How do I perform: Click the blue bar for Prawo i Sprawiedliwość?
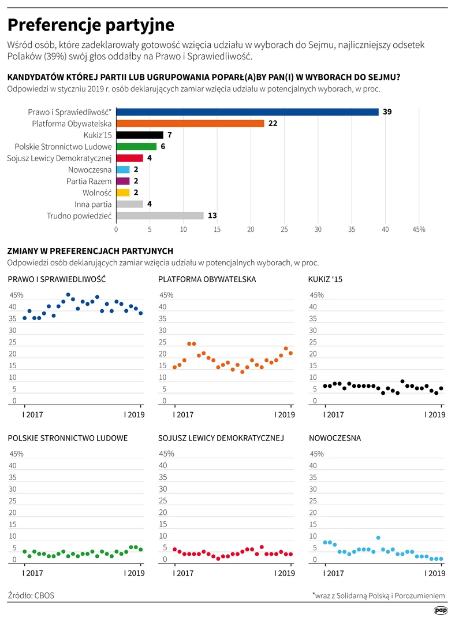(247, 112)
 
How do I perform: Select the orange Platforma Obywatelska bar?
(190, 124)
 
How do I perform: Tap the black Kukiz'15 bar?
(140, 135)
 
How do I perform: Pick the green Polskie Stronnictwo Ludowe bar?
(136, 146)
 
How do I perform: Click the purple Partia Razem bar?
(123, 181)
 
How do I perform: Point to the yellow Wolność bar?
(123, 192)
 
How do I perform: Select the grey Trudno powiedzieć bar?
(160, 216)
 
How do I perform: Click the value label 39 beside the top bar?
(387, 112)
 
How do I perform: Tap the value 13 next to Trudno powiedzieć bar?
(212, 216)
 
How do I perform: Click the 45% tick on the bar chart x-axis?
(419, 229)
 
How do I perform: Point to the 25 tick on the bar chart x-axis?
(284, 229)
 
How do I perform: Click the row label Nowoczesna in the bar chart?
(90, 170)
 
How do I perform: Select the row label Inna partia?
(93, 205)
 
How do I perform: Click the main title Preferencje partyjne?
(91, 25)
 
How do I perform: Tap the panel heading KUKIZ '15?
(325, 280)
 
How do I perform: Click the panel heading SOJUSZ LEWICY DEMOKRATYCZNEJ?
(221, 438)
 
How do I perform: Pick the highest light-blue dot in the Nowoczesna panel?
(378, 538)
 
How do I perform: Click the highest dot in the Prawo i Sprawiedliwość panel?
(68, 295)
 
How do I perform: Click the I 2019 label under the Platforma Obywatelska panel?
(285, 414)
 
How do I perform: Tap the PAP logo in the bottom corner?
(441, 610)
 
